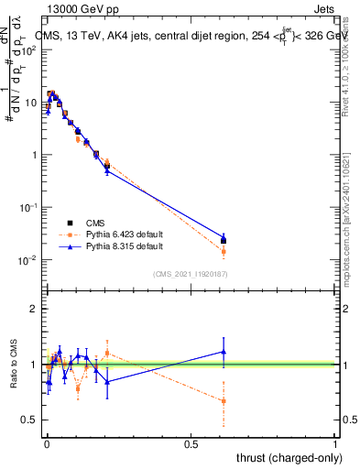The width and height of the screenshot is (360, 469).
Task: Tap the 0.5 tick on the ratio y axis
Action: [30, 420]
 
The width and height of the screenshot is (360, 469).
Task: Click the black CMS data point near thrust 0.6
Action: [224, 241]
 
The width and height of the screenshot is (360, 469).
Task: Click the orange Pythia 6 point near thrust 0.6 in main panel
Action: [224, 251]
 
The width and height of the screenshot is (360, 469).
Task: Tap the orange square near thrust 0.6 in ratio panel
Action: [224, 400]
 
